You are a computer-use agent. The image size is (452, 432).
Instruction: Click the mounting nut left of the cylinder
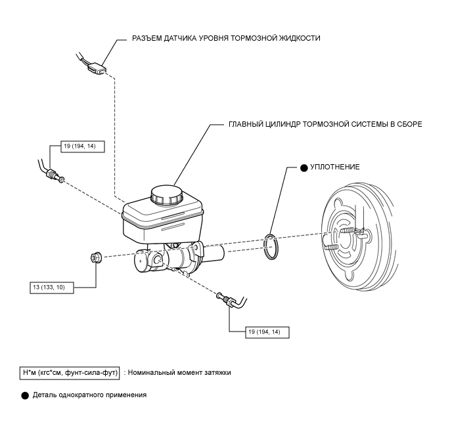(x=95, y=256)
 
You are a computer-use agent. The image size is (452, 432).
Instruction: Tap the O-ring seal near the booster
(x=271, y=247)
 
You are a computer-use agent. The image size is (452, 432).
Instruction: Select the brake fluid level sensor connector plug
(x=97, y=69)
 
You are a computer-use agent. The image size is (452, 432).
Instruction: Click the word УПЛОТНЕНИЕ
(x=334, y=167)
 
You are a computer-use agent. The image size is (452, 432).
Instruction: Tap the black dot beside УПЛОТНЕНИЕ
(x=304, y=168)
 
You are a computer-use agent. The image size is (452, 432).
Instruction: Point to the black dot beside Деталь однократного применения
(x=25, y=395)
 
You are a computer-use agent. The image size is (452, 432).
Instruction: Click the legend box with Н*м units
(x=70, y=373)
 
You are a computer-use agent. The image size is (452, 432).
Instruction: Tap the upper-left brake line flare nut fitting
(x=52, y=174)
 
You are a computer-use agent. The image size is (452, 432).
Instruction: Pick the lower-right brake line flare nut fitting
(x=229, y=301)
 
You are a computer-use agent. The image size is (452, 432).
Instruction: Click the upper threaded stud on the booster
(x=348, y=230)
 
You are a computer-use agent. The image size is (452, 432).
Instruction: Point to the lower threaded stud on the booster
(x=331, y=248)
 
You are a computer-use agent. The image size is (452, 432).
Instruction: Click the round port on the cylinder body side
(x=158, y=260)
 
